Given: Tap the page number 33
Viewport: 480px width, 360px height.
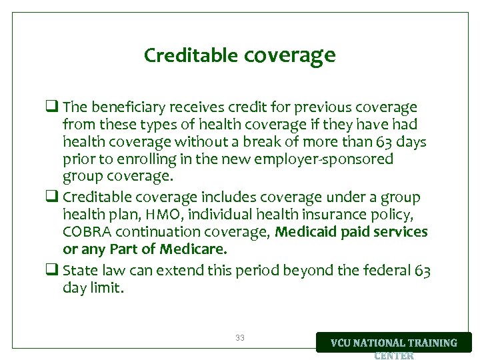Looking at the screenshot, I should tap(240, 338).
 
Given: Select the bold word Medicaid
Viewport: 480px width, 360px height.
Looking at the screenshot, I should tap(303, 232).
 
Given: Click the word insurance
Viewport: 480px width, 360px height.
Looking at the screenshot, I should tap(341, 215).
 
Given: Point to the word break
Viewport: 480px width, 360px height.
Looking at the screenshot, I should tap(273, 142).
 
